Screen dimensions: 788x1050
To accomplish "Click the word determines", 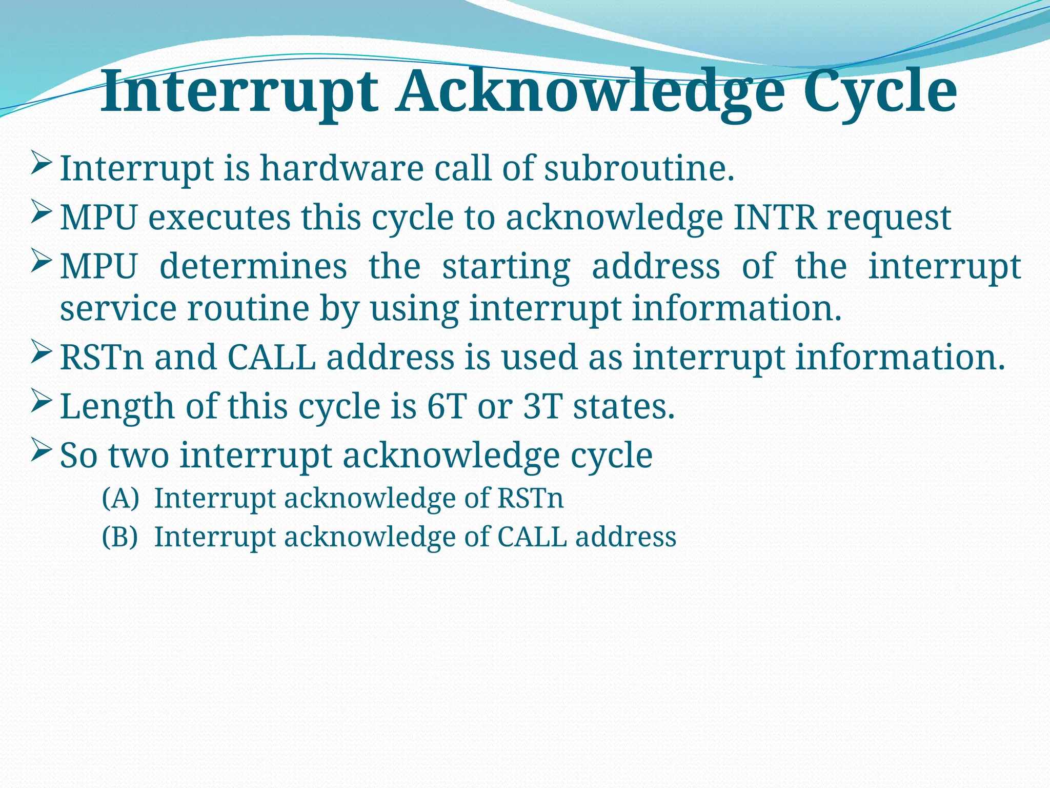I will pyautogui.click(x=253, y=266).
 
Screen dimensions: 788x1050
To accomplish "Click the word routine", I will pyautogui.click(x=248, y=309).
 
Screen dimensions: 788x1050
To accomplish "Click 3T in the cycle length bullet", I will pyautogui.click(x=543, y=406).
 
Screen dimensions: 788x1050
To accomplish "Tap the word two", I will pyautogui.click(x=138, y=455).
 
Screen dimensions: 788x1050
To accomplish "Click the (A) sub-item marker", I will pyautogui.click(x=120, y=498).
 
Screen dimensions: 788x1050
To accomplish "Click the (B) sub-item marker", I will pyautogui.click(x=120, y=537).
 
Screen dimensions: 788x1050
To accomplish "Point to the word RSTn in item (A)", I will pyautogui.click(x=530, y=498).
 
